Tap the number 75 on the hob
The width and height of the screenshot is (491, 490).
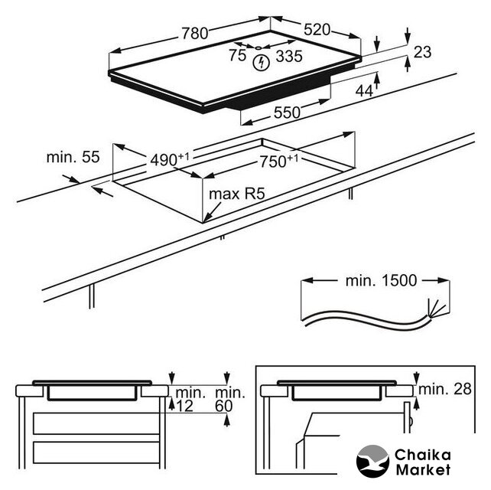coord(237,55)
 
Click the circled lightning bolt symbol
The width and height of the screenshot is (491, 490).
coord(262,61)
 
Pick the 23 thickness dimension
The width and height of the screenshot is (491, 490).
coord(422,53)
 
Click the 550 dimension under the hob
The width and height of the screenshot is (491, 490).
coord(286,113)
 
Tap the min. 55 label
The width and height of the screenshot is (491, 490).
coord(73,158)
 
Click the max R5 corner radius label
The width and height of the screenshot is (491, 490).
coord(236,194)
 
